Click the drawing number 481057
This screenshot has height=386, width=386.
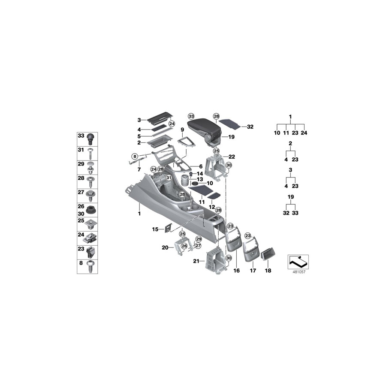298,271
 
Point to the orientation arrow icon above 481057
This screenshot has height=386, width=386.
298,260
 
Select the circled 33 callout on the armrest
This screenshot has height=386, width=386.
191,117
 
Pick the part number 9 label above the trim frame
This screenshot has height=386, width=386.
182,130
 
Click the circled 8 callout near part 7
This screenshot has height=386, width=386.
134,156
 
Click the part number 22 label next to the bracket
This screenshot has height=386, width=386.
232,156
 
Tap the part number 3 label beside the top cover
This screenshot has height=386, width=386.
139,120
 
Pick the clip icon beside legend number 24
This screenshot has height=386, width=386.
90,235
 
